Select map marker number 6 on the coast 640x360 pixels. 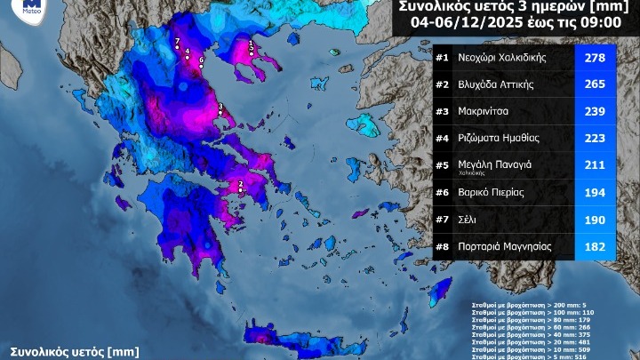201,63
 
